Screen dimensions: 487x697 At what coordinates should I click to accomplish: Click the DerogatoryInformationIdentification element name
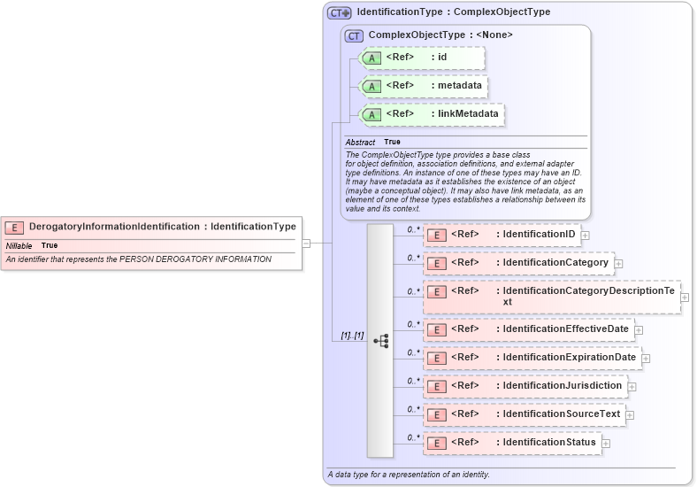point(114,227)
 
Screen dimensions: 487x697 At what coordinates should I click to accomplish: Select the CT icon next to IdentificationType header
point(340,13)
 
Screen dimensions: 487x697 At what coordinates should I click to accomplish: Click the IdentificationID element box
point(502,235)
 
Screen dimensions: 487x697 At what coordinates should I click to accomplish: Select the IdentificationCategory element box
point(518,263)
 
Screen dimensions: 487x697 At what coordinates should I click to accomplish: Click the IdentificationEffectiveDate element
point(528,329)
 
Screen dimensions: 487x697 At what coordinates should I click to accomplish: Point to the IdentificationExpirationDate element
point(532,358)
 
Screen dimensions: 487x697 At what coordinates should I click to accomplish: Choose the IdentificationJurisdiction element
point(525,386)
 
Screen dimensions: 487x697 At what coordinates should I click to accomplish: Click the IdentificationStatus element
point(512,443)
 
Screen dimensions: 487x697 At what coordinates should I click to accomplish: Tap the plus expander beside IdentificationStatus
point(606,443)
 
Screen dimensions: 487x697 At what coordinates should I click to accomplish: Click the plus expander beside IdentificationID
point(585,236)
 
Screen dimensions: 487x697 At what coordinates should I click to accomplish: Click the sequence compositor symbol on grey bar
point(381,341)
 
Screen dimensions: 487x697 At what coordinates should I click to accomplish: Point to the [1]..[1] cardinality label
point(352,336)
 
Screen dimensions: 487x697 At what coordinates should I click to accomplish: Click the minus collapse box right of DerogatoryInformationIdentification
point(306,243)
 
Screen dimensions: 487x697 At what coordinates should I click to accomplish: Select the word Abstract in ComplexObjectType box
point(360,143)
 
